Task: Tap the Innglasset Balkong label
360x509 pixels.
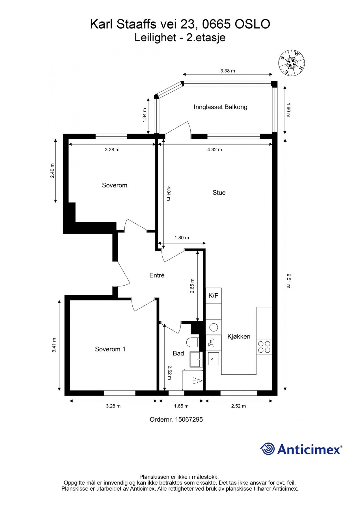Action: point(221,107)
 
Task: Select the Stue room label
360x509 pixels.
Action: point(219,193)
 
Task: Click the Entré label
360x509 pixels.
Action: point(157,275)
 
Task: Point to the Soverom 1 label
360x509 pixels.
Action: point(110,349)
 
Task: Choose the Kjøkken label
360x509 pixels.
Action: point(239,337)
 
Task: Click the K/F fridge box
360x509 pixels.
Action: point(214,296)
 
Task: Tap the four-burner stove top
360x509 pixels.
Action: point(264,347)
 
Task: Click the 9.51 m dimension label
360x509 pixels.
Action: point(288,281)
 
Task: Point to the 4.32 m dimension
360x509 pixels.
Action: point(215,150)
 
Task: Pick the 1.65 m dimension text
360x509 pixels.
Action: point(181,406)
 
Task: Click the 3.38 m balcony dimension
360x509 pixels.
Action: point(228,71)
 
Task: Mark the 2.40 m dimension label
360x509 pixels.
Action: point(52,171)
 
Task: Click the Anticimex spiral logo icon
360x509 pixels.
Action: point(268,449)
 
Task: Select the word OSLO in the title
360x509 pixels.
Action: point(253,24)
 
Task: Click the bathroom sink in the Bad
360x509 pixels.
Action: point(196,359)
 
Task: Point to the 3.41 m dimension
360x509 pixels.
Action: point(54,345)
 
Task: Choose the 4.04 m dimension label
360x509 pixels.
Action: point(169,193)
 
